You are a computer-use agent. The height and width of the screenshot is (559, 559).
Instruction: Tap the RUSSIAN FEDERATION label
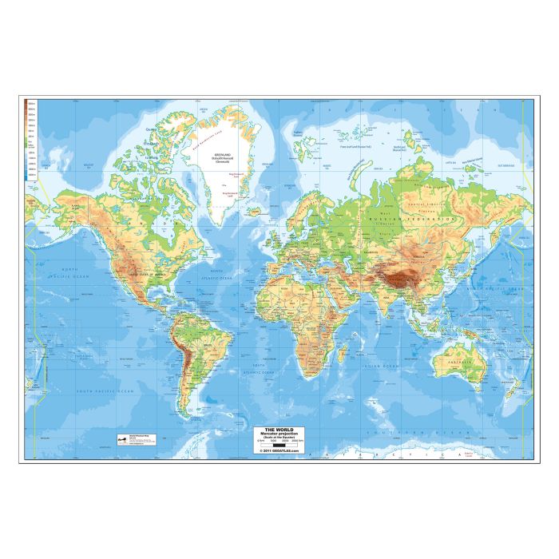pos(414,217)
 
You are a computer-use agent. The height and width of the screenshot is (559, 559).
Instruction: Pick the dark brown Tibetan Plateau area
pos(406,276)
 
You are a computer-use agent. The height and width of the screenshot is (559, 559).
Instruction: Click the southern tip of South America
pos(186,415)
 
